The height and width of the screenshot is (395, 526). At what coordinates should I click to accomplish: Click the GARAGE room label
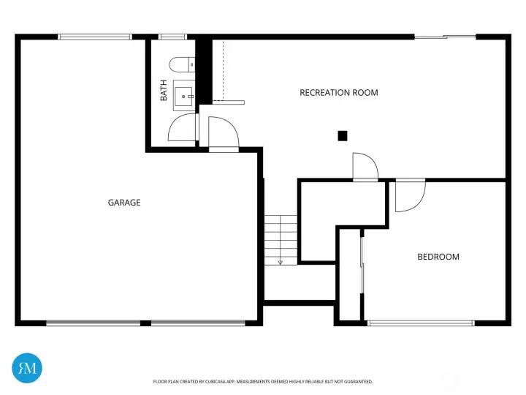[124, 203]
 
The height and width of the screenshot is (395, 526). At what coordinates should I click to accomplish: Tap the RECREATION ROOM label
[339, 93]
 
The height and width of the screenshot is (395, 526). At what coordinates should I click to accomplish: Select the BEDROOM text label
[438, 257]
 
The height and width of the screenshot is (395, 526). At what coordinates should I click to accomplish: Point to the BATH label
[164, 91]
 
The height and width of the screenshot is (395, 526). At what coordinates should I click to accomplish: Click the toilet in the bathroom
[182, 64]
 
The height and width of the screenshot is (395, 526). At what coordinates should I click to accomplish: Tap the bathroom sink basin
[183, 96]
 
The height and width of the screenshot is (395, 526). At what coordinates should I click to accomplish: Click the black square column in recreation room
[343, 136]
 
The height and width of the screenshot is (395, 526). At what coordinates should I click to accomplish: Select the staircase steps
[281, 240]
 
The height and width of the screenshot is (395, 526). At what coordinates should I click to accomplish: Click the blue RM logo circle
[27, 368]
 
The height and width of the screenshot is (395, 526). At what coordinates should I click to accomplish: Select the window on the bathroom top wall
[172, 37]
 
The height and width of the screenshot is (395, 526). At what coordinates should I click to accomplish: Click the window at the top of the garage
[95, 37]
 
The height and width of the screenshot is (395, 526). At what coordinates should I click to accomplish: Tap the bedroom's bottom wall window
[421, 323]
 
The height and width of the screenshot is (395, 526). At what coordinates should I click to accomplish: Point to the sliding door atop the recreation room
[445, 37]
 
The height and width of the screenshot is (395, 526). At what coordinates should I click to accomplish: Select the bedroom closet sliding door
[362, 266]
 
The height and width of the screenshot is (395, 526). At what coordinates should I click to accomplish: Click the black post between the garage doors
[145, 323]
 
